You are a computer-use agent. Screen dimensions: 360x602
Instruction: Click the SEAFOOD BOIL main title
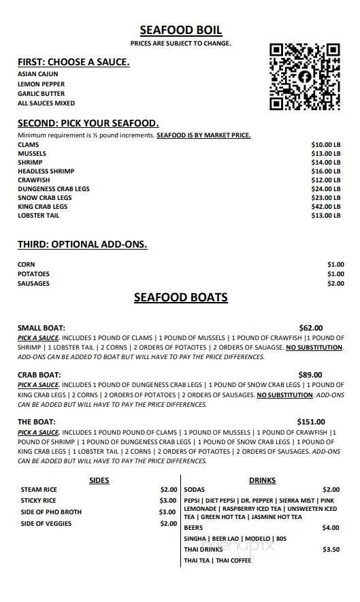coord(180,30)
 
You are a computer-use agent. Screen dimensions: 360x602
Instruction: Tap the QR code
coord(304,77)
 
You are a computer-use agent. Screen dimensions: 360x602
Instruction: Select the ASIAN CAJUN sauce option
coord(38,74)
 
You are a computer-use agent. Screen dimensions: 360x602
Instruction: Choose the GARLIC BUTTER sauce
coord(42,94)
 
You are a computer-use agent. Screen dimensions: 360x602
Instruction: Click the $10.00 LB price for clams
coord(325,145)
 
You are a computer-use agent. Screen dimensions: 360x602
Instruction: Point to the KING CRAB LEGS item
coord(43,207)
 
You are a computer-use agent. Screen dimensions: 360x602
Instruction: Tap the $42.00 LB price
coord(325,207)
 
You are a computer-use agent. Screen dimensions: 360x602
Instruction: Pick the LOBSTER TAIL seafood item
coord(39,216)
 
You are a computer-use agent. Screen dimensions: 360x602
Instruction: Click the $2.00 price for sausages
coord(336,284)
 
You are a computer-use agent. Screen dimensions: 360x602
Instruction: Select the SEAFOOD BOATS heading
coord(180,298)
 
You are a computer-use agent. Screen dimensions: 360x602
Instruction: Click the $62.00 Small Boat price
coord(311,328)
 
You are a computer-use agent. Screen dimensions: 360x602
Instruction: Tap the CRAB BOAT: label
coord(39,375)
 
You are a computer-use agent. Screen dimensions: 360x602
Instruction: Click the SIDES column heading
coord(99,480)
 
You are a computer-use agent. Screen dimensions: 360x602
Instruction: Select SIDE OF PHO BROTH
coord(51,512)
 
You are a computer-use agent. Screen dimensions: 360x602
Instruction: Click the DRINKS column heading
coord(262,480)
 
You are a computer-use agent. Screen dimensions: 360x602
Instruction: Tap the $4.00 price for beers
coord(331,527)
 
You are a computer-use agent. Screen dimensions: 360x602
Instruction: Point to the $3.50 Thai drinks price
coord(331,550)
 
